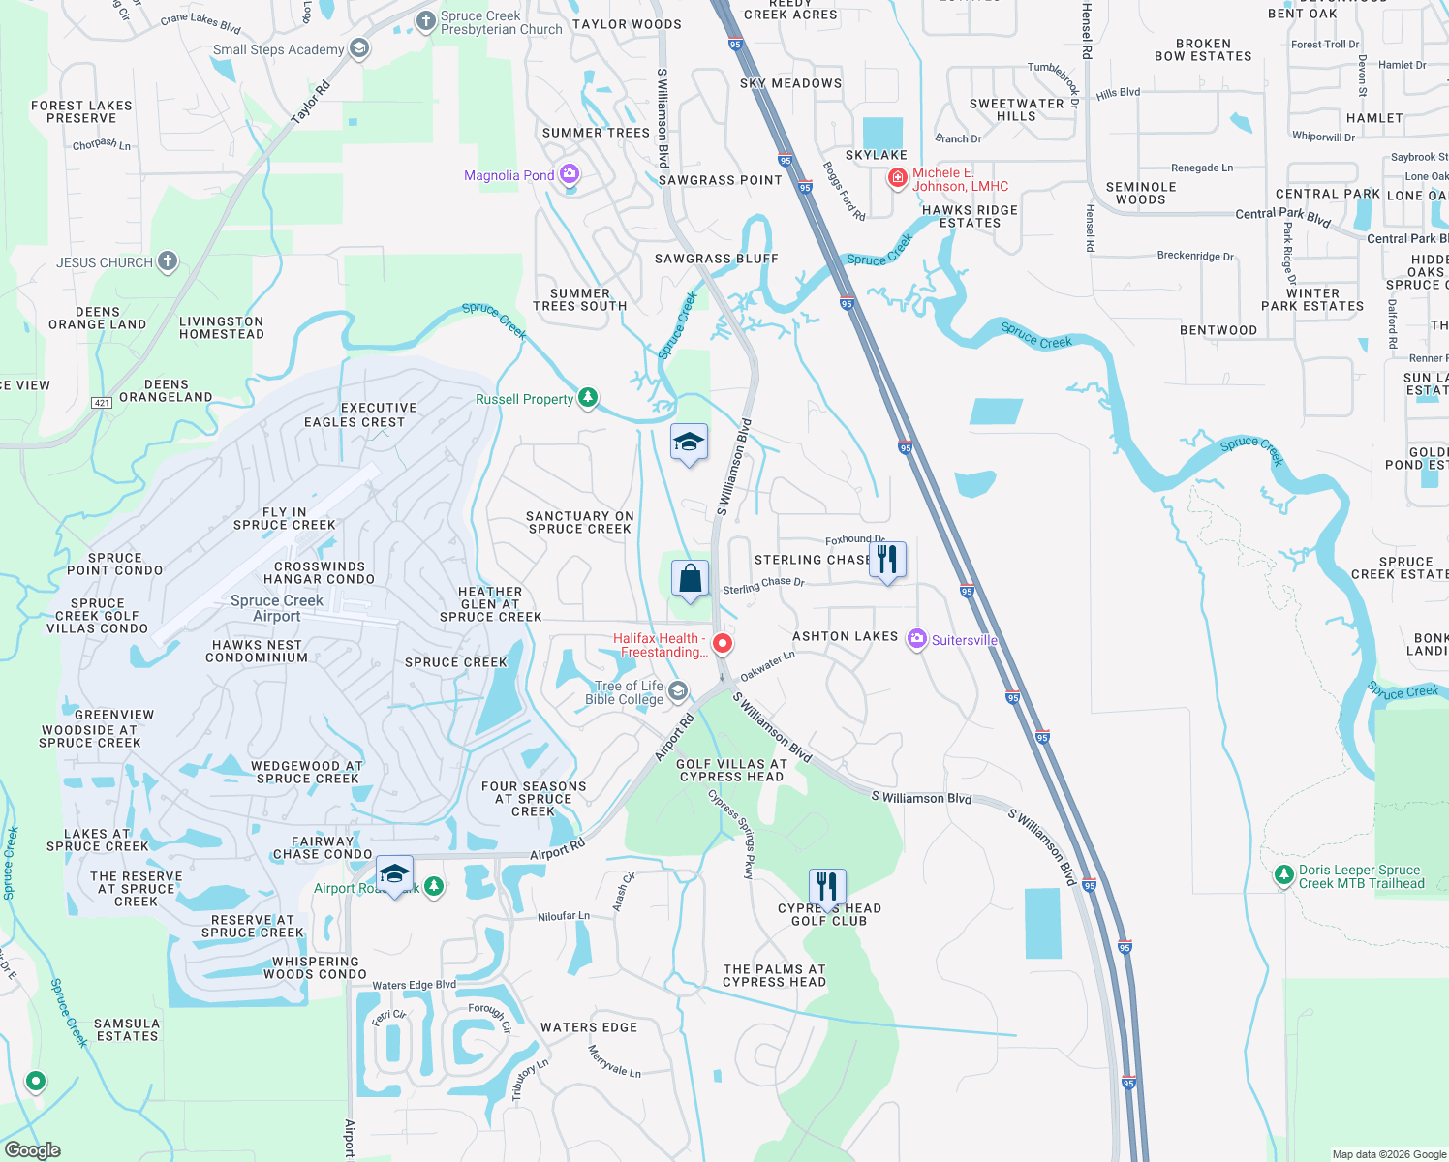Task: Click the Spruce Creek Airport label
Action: click(277, 608)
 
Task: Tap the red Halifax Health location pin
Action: click(722, 643)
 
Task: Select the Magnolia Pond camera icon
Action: click(570, 174)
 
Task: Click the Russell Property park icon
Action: click(587, 398)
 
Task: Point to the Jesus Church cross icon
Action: click(168, 261)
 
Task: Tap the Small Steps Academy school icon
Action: click(359, 48)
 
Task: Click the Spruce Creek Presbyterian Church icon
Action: click(425, 21)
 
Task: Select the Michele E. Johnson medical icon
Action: click(898, 178)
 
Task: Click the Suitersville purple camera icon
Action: click(916, 639)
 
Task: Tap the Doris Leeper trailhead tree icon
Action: click(1283, 875)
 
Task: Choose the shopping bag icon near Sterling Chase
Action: click(690, 579)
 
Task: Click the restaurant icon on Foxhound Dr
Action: click(887, 560)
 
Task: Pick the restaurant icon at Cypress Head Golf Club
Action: click(826, 887)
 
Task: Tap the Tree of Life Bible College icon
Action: click(678, 691)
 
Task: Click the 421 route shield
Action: click(102, 402)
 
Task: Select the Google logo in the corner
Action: click(33, 1149)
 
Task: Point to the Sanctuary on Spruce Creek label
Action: click(579, 523)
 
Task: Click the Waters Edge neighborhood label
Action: click(589, 1027)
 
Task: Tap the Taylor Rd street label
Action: click(311, 103)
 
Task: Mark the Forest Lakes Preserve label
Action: click(81, 112)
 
